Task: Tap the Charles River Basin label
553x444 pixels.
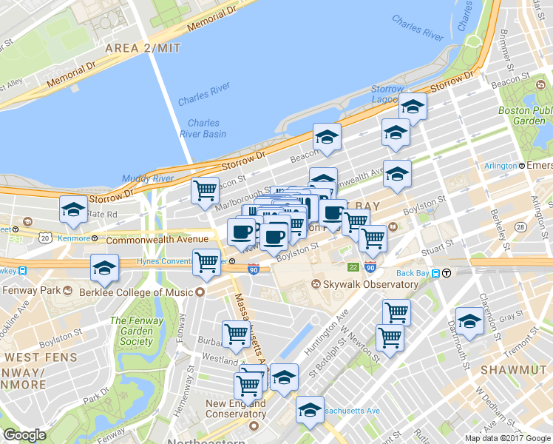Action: [x=203, y=129]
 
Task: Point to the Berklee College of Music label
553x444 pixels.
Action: [x=138, y=292]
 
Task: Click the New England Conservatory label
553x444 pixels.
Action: [x=236, y=409]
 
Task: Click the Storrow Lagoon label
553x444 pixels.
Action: [x=387, y=94]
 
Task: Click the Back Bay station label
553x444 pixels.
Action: [x=418, y=273]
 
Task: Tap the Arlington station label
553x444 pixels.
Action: [x=501, y=166]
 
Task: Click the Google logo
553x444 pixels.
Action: [x=24, y=435]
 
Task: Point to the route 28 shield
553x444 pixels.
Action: [x=520, y=227]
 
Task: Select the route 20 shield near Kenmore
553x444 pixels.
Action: [x=46, y=238]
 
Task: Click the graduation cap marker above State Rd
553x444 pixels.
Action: [x=73, y=209]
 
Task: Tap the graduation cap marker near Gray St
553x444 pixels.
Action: [x=469, y=321]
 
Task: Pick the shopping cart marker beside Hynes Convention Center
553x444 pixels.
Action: [x=206, y=261]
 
